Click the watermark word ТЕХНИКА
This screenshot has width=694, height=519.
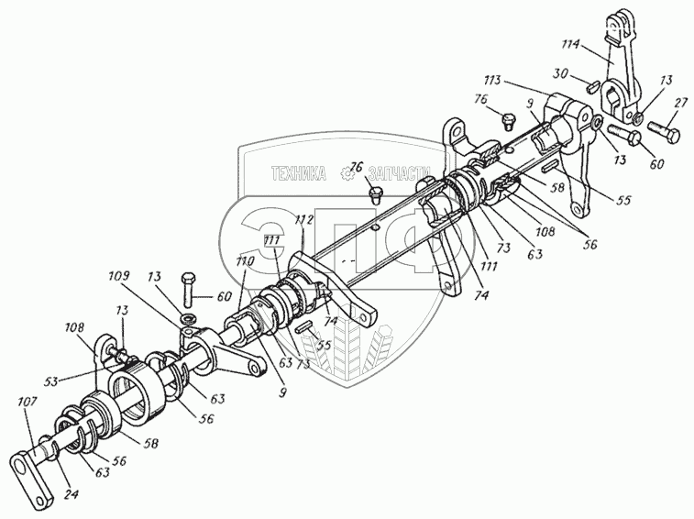click(x=298, y=172)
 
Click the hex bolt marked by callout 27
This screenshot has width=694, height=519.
click(x=663, y=132)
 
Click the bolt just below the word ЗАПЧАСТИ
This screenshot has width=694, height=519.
click(x=374, y=193)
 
